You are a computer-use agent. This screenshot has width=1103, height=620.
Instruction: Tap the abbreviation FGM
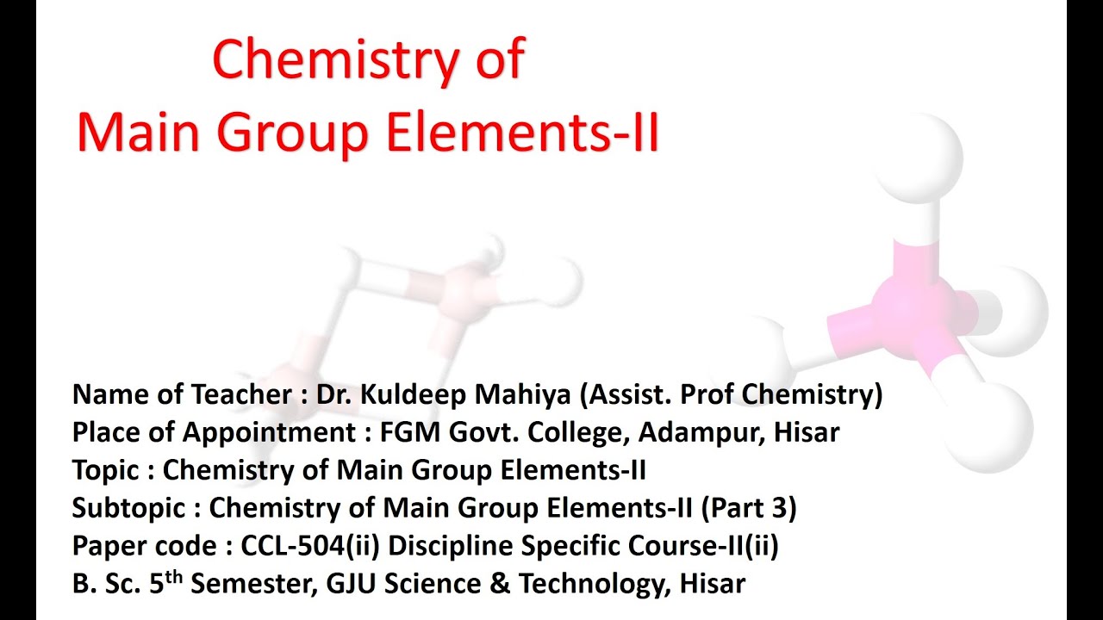pos(412,432)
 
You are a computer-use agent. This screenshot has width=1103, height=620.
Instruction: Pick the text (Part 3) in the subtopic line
pos(749,508)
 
